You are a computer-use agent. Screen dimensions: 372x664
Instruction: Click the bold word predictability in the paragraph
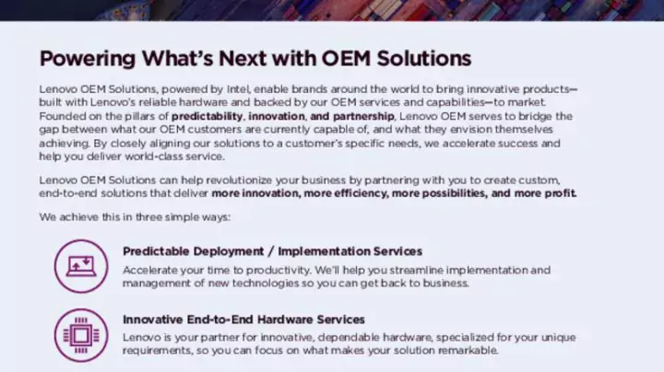coord(207,117)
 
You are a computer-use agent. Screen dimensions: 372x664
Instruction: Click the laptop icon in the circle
coord(80,265)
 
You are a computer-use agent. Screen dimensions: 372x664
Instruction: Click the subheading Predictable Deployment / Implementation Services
coord(272,250)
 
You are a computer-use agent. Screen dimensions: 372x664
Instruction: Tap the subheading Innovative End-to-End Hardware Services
coord(243,320)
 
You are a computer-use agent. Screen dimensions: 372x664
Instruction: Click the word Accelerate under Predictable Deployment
coord(150,270)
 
